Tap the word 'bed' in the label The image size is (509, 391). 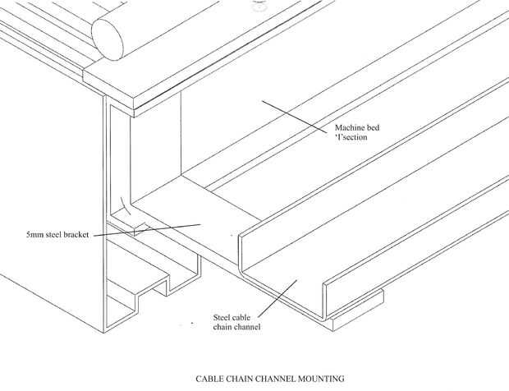pyautogui.click(x=375, y=129)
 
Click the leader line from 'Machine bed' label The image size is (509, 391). pyautogui.click(x=296, y=115)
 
